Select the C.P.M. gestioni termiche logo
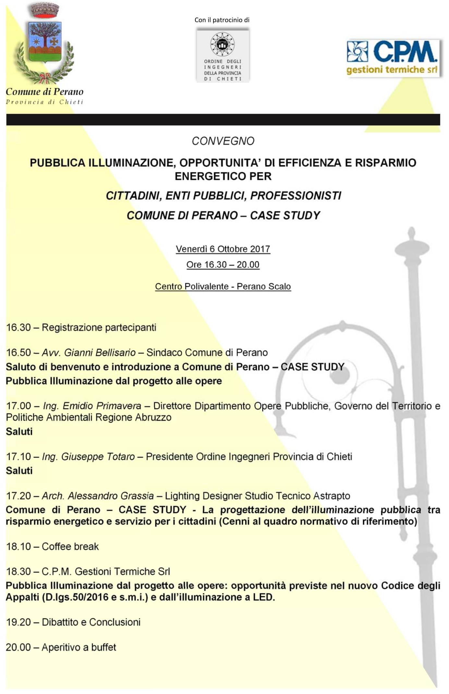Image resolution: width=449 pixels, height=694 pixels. (393, 58)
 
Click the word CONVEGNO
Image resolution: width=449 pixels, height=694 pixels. (223, 141)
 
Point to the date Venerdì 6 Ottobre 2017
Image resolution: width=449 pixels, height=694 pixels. (223, 249)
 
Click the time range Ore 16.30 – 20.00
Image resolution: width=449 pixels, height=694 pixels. (223, 265)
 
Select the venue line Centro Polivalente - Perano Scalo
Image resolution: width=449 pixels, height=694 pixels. (223, 286)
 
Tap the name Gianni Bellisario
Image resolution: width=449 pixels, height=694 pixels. (100, 353)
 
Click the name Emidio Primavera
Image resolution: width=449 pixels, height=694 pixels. (102, 406)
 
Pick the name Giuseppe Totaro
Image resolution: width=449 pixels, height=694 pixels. (98, 456)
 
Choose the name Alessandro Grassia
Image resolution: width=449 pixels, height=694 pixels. (111, 496)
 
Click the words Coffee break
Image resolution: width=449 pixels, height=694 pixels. (70, 546)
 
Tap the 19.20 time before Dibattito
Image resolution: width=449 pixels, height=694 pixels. (18, 622)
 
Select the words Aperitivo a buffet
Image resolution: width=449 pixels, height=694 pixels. (79, 647)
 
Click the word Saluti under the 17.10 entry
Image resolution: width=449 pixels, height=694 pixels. (19, 470)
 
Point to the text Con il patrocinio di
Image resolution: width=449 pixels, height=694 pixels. (222, 20)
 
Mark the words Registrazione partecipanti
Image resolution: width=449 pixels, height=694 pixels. (99, 327)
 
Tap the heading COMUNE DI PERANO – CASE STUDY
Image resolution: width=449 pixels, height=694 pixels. (223, 215)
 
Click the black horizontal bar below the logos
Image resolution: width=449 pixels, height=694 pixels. (223, 119)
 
